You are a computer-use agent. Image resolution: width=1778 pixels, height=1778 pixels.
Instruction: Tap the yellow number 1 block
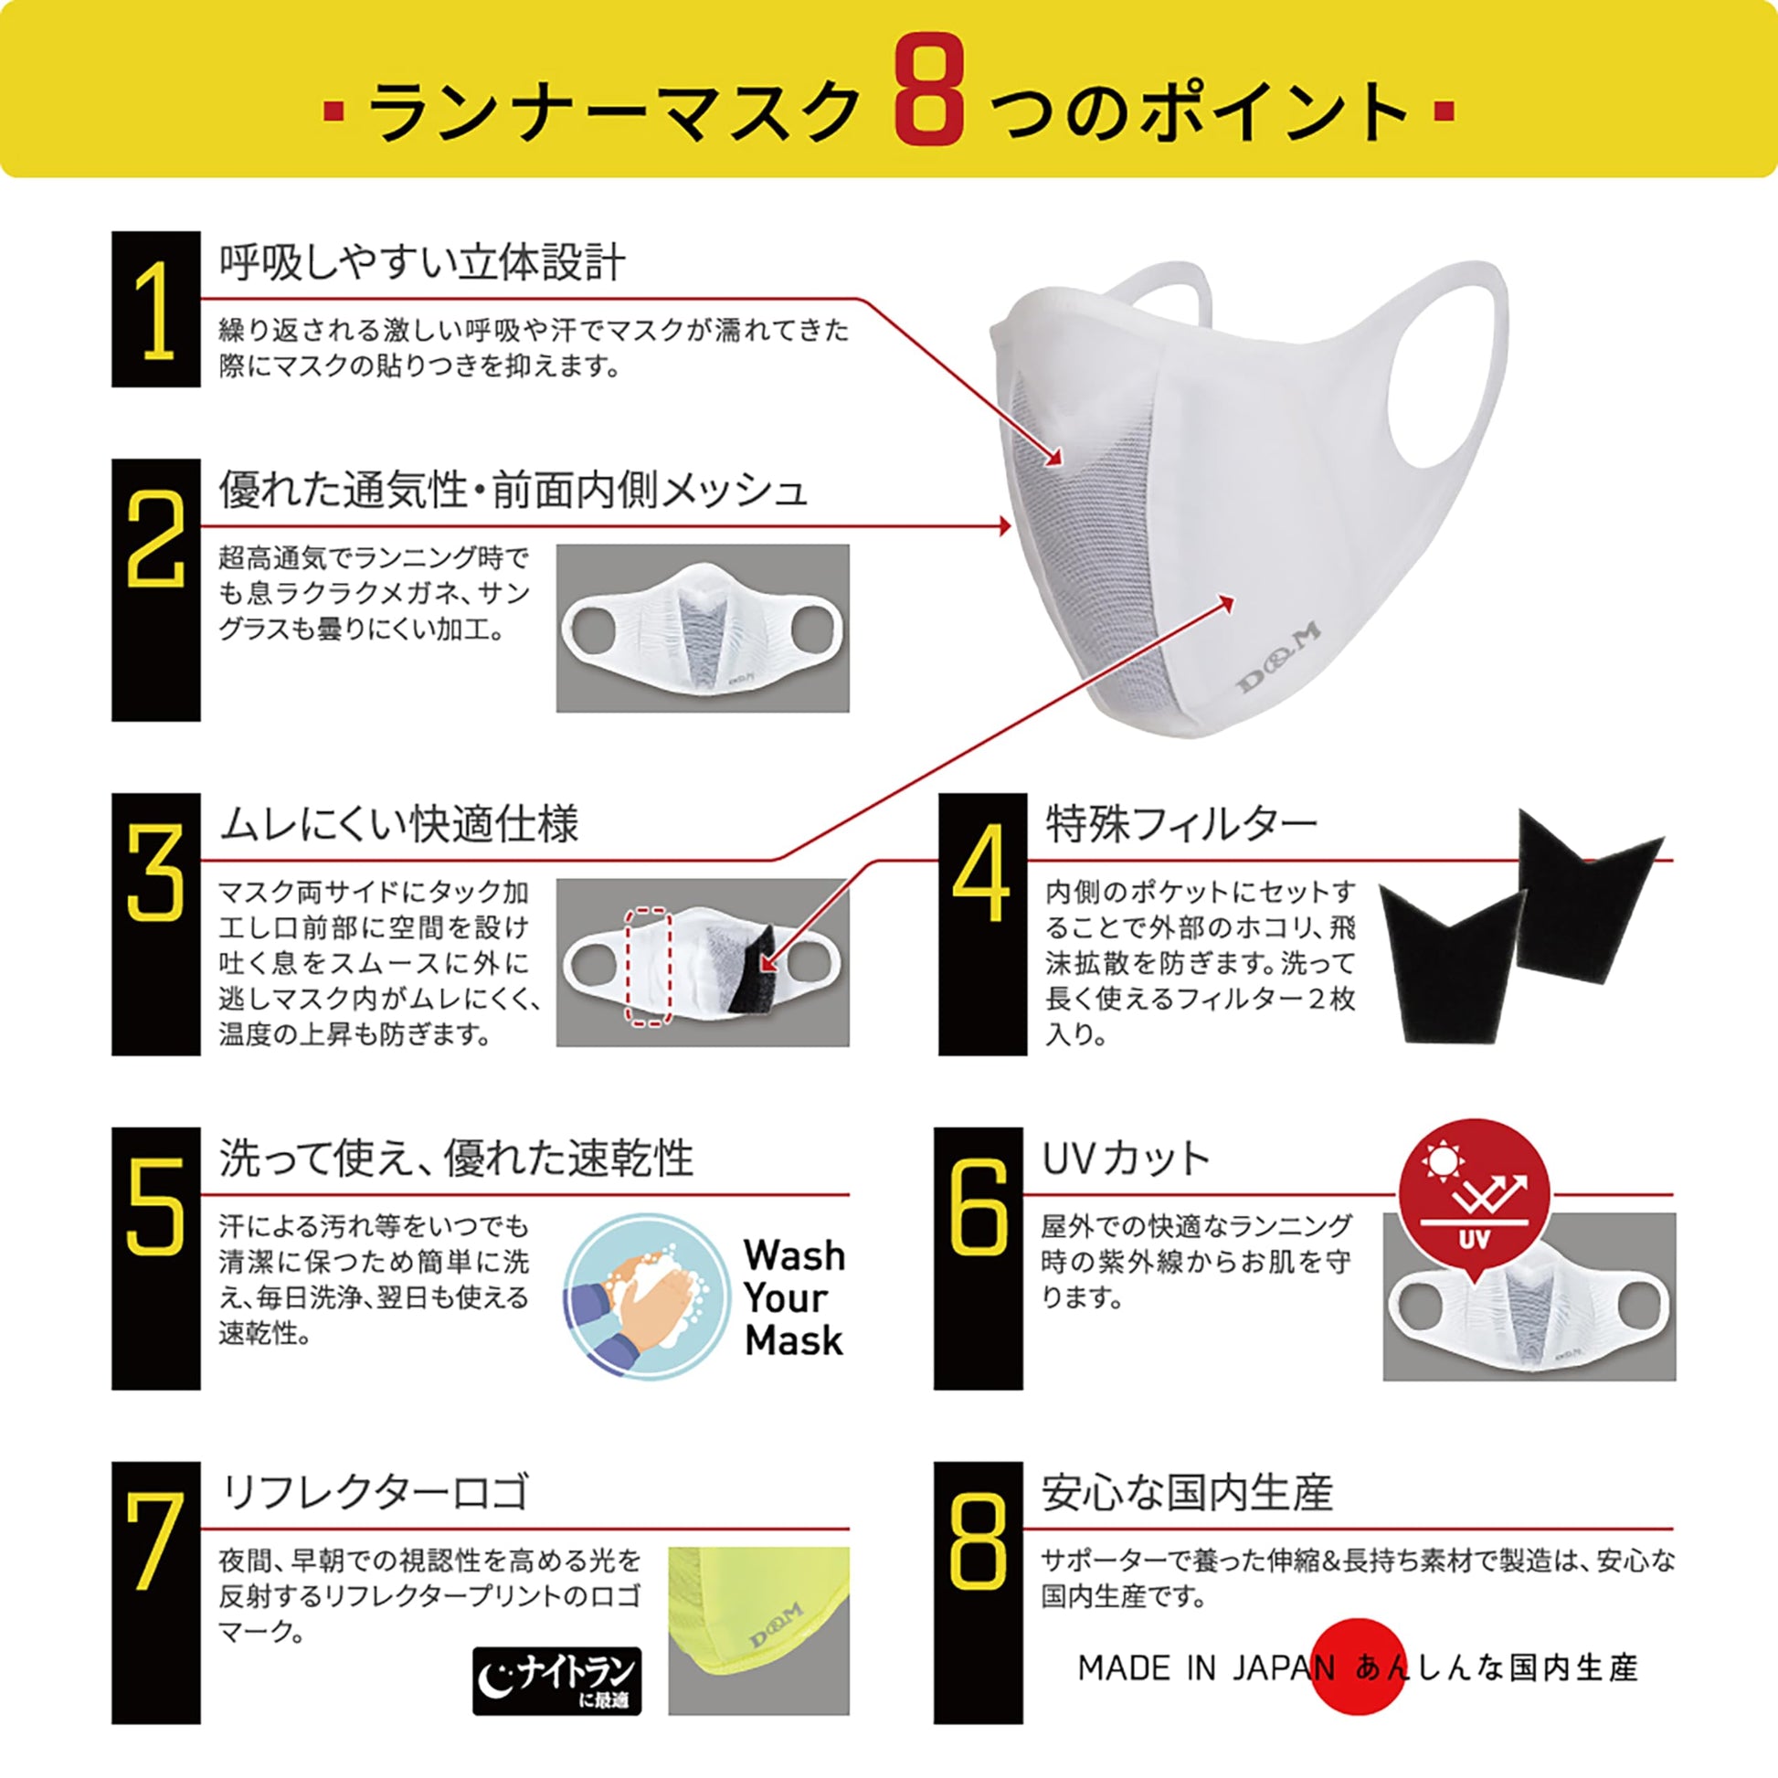tap(155, 309)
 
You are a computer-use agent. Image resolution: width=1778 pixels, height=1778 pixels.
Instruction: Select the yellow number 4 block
tap(982, 924)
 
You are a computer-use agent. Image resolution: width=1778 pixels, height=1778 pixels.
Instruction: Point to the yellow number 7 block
tap(155, 1593)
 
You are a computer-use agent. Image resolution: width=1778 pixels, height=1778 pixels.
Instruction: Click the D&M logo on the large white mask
tap(1278, 654)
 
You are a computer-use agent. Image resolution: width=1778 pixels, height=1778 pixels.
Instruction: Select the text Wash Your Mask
tap(794, 1296)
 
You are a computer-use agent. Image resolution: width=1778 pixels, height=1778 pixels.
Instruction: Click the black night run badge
tap(556, 1680)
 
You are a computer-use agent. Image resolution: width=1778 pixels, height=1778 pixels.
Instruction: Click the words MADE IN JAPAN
tap(1205, 1667)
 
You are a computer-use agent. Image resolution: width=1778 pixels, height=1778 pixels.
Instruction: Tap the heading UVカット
tap(1125, 1158)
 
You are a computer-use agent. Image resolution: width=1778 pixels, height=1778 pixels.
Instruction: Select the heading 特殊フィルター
tap(1181, 823)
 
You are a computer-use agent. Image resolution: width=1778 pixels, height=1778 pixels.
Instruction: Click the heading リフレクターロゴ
tap(376, 1492)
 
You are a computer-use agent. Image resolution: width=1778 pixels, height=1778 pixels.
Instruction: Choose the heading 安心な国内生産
tap(1187, 1492)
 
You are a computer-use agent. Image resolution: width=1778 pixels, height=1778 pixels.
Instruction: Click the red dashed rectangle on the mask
tap(647, 967)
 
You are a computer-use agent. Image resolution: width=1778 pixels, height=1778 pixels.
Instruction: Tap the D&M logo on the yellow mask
tap(776, 1637)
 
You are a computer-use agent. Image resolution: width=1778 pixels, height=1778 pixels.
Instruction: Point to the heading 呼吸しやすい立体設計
tap(422, 263)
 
